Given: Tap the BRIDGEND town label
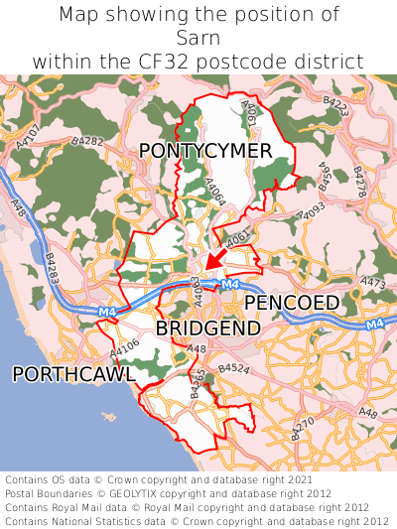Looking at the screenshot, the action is pyautogui.click(x=208, y=328).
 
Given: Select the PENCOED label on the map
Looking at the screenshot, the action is pyautogui.click(x=292, y=302).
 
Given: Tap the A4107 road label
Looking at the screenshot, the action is pyautogui.click(x=29, y=137).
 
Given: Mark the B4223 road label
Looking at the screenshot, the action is pyautogui.click(x=335, y=104).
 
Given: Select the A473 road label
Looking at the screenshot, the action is pyautogui.click(x=373, y=284).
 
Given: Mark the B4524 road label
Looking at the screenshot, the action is pyautogui.click(x=233, y=368).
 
